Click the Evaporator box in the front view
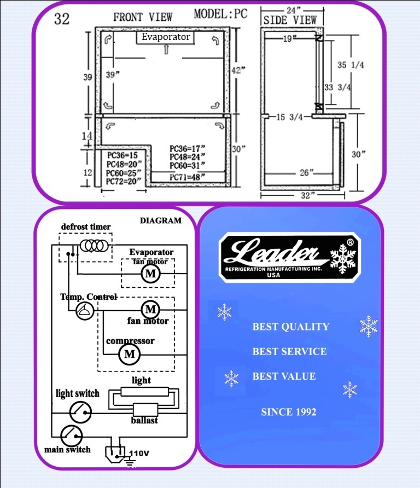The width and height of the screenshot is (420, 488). point(165,37)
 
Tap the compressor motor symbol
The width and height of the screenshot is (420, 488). point(129,354)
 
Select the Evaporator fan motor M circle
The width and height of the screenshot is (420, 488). point(150,274)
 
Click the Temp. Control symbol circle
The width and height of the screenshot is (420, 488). point(85,311)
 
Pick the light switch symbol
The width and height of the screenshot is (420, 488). point(80,412)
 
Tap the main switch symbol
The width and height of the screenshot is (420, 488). point(71,435)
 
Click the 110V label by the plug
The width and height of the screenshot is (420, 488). point(139,453)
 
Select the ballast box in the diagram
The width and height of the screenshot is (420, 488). point(145,410)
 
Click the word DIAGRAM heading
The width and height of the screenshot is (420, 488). point(161,220)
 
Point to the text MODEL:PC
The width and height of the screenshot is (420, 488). point(220,14)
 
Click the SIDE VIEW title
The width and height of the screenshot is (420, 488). point(290,20)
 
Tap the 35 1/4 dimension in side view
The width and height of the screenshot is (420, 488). point(351,65)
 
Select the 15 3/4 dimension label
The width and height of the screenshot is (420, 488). point(289,117)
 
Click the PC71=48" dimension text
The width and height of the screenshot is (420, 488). point(187,177)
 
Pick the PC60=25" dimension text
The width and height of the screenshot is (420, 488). point(123,172)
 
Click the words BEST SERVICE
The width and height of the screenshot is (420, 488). point(289,351)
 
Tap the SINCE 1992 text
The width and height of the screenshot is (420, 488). point(288,412)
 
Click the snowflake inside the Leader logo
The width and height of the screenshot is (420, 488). point(343,259)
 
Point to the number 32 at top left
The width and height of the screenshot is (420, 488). point(62,19)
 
